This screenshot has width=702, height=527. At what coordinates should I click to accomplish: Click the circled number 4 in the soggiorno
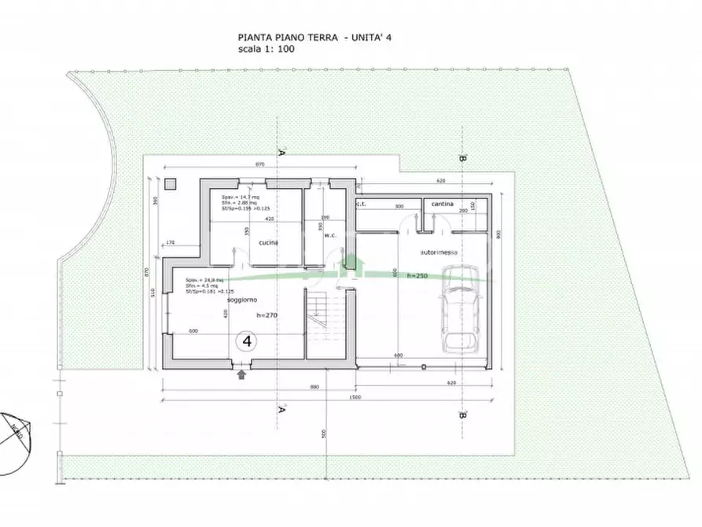[247, 341]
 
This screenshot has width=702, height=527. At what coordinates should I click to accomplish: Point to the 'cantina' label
[442, 204]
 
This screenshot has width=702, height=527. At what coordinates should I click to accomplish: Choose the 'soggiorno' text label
[241, 300]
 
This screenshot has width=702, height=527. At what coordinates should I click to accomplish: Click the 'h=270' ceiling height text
[268, 315]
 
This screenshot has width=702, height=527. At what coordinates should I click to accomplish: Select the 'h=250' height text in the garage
[417, 276]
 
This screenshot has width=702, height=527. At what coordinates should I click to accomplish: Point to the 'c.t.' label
[362, 204]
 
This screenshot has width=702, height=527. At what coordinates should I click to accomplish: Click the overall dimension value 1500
[356, 397]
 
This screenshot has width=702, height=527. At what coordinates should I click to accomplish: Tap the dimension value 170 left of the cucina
[171, 244]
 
